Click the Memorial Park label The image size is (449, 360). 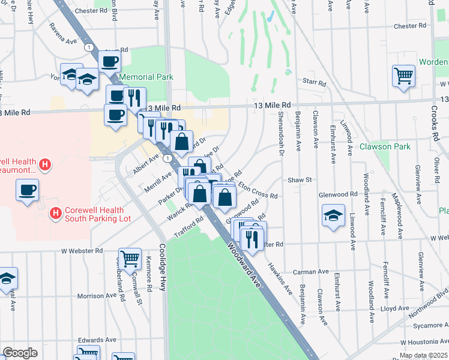[x=146, y=77]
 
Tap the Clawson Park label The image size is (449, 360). [x=384, y=146]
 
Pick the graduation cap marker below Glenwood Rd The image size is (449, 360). [x=333, y=217]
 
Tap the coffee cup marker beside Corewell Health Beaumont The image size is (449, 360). [x=26, y=191]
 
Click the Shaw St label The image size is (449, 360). [x=301, y=179]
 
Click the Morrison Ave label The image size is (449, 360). [x=97, y=296]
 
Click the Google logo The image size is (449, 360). [x=20, y=353]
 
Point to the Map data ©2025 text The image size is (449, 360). [x=423, y=355]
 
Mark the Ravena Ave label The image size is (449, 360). [x=64, y=43]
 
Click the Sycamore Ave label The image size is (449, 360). [x=429, y=325]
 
